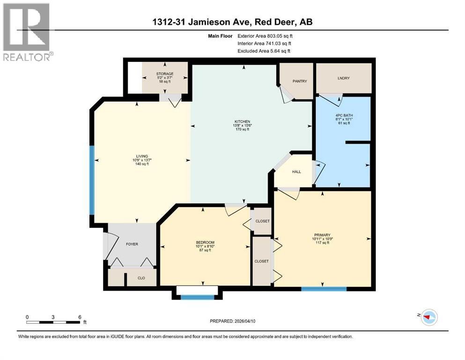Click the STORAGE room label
pyautogui.click(x=165, y=74)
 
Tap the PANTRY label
pyautogui.click(x=300, y=81)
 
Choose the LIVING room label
pyautogui.click(x=142, y=156)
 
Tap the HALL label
pyautogui.click(x=296, y=172)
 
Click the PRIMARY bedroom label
pyautogui.click(x=323, y=235)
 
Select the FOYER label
pyautogui.click(x=132, y=244)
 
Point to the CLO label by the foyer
pyautogui.click(x=141, y=277)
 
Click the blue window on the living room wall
pyautogui.click(x=92, y=180)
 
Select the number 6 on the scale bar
pyautogui.click(x=79, y=317)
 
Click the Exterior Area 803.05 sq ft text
pyautogui.click(x=267, y=36)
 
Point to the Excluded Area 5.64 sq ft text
pyautogui.click(x=264, y=51)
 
